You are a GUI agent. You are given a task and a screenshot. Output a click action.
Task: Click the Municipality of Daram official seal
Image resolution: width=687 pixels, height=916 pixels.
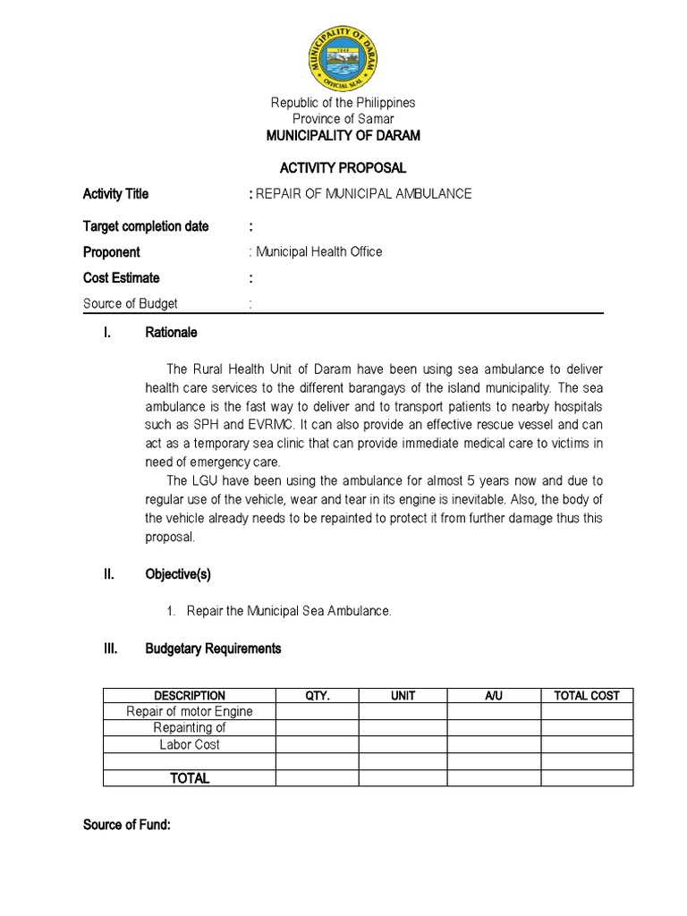pyautogui.click(x=343, y=55)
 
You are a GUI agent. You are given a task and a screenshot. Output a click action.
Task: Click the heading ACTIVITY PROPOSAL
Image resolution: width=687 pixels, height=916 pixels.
pyautogui.click(x=343, y=168)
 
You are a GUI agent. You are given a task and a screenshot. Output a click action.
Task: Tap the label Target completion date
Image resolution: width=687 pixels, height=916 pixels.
pyautogui.click(x=146, y=226)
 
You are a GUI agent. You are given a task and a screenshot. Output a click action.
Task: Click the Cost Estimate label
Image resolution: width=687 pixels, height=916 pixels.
pyautogui.click(x=122, y=278)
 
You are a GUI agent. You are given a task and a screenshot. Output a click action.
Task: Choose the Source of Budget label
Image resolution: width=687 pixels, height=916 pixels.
pyautogui.click(x=131, y=304)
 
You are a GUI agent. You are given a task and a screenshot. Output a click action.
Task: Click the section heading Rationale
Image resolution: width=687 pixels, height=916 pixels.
pyautogui.click(x=171, y=333)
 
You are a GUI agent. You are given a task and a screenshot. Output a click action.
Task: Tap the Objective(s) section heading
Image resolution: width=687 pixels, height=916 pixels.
pyautogui.click(x=178, y=574)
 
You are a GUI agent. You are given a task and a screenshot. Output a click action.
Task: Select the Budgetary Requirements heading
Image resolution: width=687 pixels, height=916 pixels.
pyautogui.click(x=213, y=649)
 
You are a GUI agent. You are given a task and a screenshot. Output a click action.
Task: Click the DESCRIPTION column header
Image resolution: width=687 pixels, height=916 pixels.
pyautogui.click(x=190, y=695)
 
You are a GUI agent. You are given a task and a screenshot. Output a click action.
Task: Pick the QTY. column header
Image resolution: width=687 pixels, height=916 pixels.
pyautogui.click(x=318, y=695)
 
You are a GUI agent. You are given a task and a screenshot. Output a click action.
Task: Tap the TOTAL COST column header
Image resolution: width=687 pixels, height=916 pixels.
pyautogui.click(x=587, y=695)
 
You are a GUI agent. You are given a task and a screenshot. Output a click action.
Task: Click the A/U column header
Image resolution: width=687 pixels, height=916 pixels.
pyautogui.click(x=494, y=695)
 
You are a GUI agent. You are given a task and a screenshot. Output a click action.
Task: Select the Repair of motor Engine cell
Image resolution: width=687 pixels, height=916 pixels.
pyautogui.click(x=190, y=712)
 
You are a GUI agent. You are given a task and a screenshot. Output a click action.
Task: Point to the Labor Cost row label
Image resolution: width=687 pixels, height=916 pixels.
pyautogui.click(x=190, y=745)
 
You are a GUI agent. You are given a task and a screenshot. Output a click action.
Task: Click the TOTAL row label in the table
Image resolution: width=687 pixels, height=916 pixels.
pyautogui.click(x=190, y=778)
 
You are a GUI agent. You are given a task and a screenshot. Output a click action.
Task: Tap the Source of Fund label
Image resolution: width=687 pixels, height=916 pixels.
pyautogui.click(x=126, y=825)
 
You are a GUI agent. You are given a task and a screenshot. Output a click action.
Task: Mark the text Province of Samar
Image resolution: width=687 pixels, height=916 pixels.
pyautogui.click(x=343, y=119)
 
